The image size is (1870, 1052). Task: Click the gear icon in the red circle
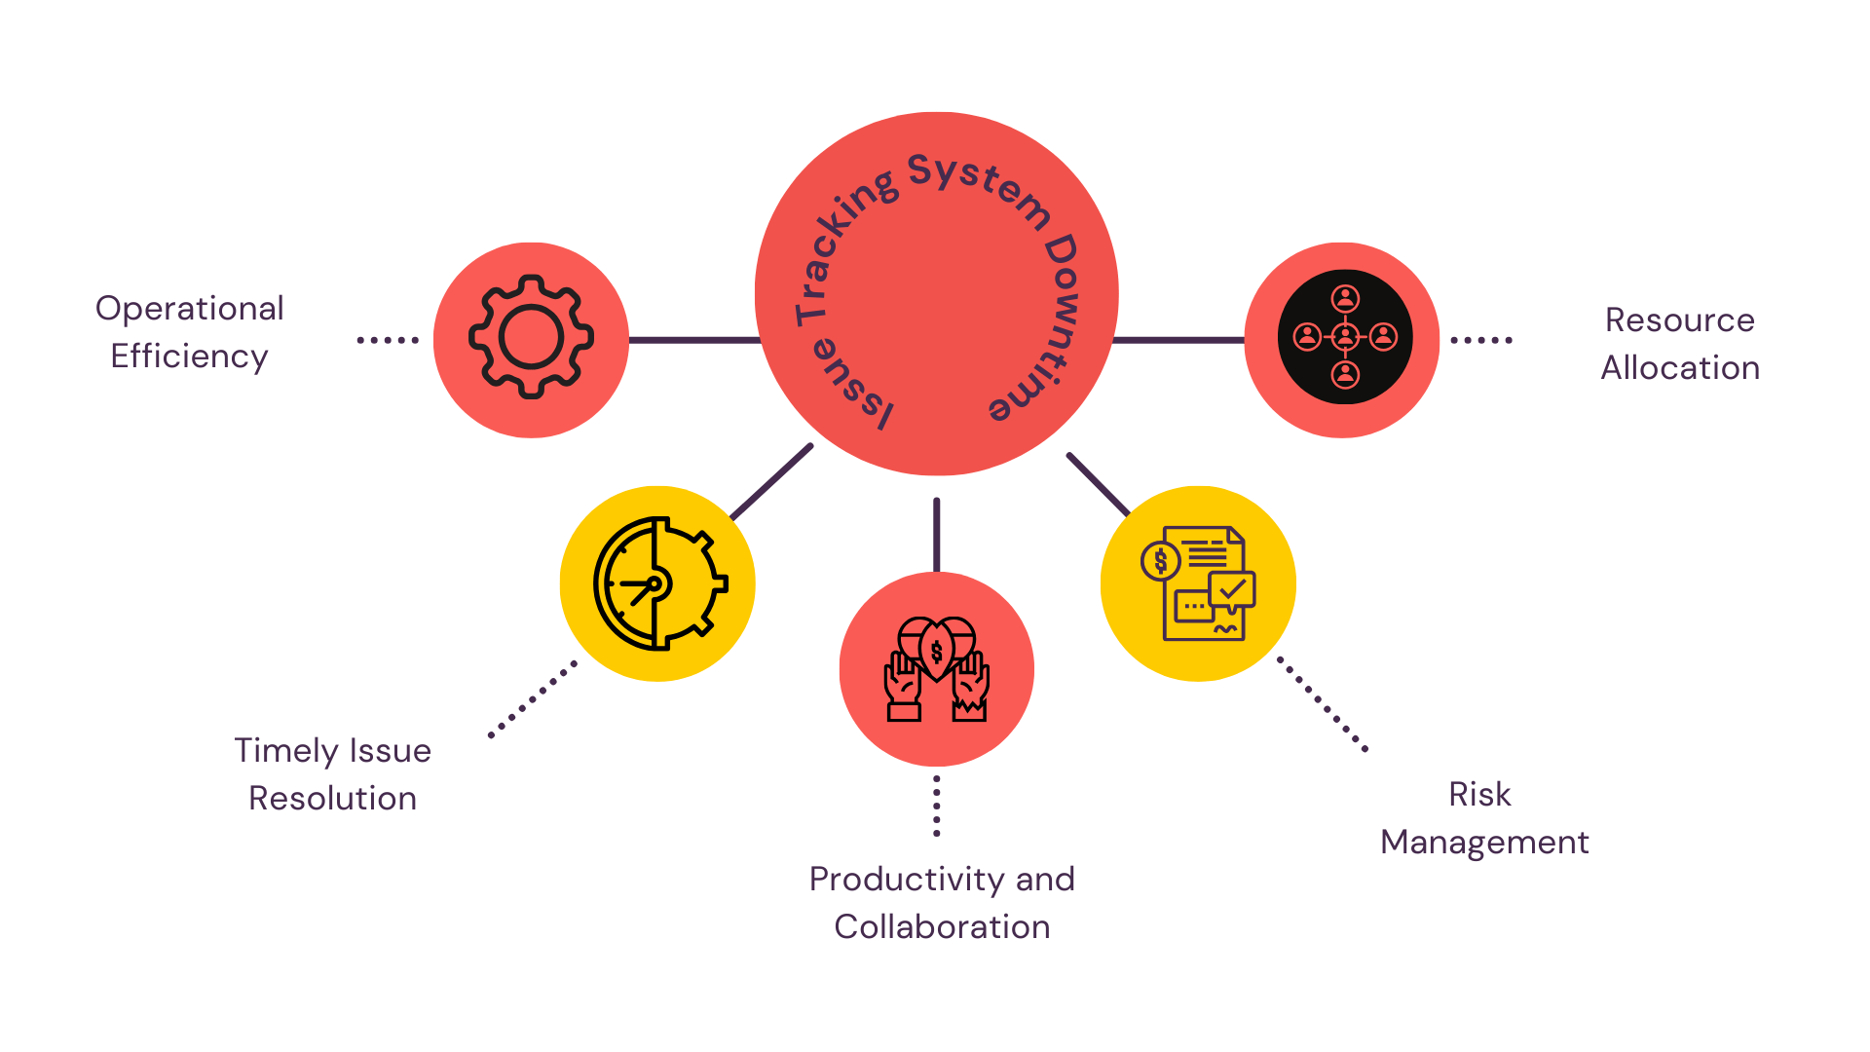point(531,337)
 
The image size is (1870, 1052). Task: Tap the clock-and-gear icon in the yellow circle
point(659,583)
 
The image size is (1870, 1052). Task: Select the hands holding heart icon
point(936,669)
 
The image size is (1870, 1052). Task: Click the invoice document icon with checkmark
point(1199,583)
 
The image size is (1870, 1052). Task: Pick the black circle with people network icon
point(1344,337)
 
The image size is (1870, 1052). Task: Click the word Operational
point(190,309)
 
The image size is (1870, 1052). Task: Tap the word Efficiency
point(189,357)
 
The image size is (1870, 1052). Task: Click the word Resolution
point(332,799)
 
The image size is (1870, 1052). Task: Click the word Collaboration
point(942,927)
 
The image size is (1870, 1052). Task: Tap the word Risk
point(1479,795)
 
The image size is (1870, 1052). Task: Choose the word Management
point(1484,843)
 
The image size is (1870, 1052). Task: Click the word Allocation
point(1680,368)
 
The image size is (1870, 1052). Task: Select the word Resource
point(1680,320)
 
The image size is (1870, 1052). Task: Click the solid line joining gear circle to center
point(693,340)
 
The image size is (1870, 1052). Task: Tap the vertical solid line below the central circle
point(936,535)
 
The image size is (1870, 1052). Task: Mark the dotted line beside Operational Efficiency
point(388,340)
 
